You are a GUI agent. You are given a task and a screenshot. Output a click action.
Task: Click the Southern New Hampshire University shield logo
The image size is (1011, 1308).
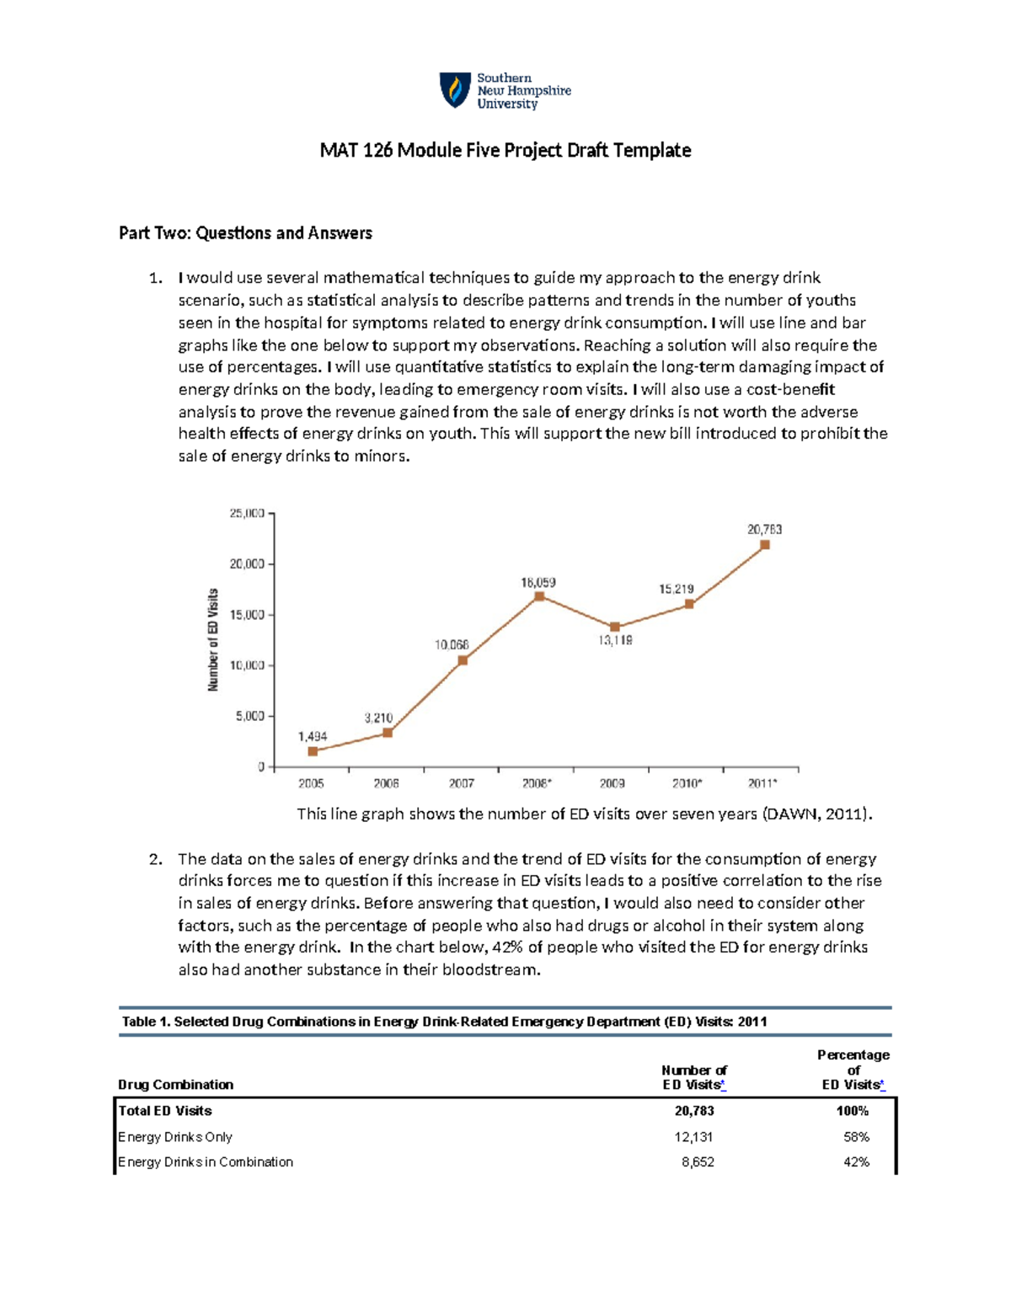455,90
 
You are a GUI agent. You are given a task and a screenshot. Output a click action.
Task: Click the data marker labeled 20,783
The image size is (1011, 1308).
765,545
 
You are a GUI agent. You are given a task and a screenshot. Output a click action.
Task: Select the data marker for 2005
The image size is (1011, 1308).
313,751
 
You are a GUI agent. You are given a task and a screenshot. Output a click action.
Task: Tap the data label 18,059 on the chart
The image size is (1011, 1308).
538,582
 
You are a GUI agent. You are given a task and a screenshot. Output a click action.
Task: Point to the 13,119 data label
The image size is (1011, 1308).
615,640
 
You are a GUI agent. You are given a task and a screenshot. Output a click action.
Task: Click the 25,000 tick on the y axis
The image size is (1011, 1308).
248,513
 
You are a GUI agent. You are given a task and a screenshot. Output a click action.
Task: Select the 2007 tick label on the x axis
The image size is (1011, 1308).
461,783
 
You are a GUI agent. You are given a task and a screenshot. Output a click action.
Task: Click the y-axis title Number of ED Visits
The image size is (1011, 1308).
213,640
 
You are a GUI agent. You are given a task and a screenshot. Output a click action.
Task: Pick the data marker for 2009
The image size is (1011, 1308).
615,627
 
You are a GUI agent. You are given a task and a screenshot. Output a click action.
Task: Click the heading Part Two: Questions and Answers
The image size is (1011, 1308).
245,233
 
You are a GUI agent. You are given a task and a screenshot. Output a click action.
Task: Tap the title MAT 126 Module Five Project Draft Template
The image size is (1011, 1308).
505,151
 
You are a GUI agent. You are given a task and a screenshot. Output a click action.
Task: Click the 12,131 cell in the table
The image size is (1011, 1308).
693,1137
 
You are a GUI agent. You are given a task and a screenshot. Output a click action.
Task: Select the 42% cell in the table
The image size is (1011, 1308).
856,1162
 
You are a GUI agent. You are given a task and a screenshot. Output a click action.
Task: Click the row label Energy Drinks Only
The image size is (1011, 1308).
175,1137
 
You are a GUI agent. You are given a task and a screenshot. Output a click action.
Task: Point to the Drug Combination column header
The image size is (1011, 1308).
175,1085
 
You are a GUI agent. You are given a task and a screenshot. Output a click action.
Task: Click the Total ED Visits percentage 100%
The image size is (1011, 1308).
852,1111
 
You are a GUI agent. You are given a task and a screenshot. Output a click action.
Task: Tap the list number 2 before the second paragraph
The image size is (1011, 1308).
154,859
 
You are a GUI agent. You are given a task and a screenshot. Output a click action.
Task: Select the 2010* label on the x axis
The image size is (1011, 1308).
687,783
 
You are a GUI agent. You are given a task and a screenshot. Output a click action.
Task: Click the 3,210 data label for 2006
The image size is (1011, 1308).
378,718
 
